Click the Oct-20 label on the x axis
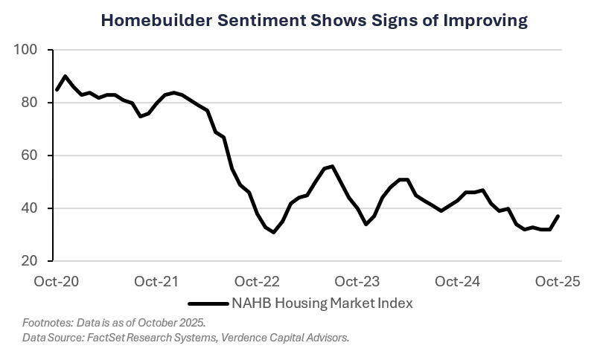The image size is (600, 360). (x=57, y=281)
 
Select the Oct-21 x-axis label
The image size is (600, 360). (x=157, y=281)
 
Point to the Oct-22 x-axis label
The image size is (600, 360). (x=258, y=281)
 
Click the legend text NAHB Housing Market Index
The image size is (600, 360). (x=322, y=303)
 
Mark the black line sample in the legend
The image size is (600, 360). (x=208, y=303)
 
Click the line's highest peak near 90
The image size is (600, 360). (x=66, y=76)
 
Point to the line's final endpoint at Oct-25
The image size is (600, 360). (x=558, y=216)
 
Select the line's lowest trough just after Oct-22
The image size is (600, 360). (x=274, y=233)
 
